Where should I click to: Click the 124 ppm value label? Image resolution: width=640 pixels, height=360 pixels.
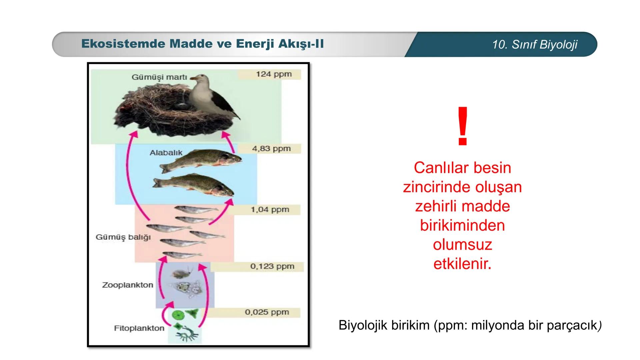click(274, 74)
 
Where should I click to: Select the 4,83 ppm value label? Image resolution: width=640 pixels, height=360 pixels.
click(271, 149)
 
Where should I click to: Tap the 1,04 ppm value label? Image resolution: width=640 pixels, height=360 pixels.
click(270, 210)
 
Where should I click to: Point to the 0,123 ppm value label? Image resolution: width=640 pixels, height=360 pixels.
click(272, 267)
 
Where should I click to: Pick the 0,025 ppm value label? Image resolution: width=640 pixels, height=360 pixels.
click(267, 312)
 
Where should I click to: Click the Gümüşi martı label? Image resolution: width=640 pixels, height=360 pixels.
click(159, 77)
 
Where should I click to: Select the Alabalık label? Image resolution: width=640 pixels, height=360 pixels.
click(166, 153)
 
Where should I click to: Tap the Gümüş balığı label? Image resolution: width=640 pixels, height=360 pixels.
click(123, 237)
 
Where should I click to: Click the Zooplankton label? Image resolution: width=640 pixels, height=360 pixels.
click(127, 285)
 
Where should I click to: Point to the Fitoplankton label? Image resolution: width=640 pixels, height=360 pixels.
click(139, 328)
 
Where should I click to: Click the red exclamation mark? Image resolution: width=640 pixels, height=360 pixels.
click(463, 127)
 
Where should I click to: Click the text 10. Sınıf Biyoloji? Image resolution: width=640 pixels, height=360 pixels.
click(534, 45)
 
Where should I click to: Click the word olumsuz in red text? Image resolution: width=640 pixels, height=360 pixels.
click(462, 245)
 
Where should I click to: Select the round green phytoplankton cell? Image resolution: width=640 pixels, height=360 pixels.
click(177, 315)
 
